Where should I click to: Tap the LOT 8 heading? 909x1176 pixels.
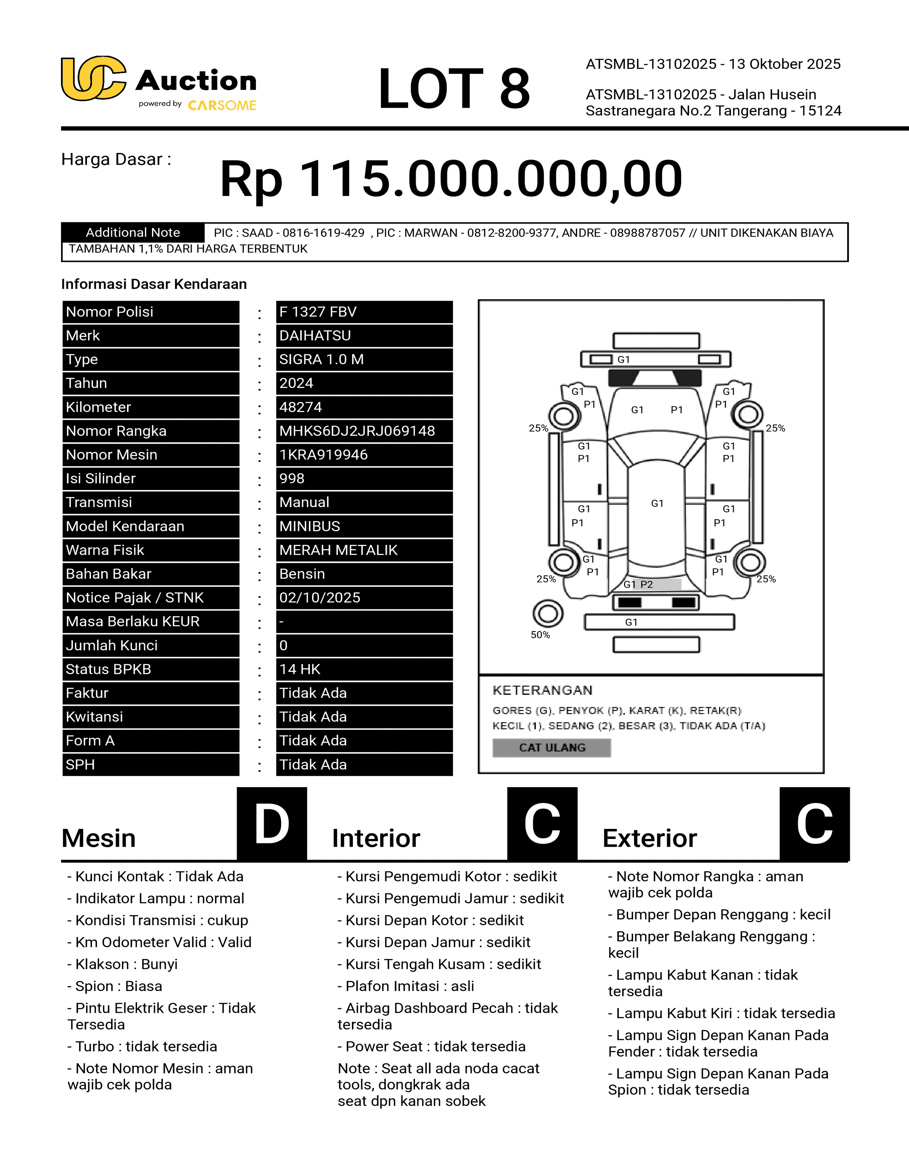pos(454,89)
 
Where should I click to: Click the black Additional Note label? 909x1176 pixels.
pos(133,233)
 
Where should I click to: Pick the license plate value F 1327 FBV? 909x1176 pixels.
pos(318,312)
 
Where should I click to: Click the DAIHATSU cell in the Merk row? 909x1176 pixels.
pos(315,335)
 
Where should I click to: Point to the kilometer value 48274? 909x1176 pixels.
pos(301,407)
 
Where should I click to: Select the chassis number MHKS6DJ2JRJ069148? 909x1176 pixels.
pos(356,431)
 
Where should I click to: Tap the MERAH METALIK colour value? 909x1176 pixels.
pos(338,550)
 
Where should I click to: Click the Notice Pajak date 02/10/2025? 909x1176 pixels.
pos(319,598)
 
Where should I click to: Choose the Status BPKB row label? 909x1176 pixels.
pos(108,669)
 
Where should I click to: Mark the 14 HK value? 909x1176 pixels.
pos(299,669)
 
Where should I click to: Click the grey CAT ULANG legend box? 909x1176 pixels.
pos(551,747)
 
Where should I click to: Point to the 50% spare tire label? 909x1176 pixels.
pos(540,635)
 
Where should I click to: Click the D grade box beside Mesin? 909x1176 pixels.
pos(272,824)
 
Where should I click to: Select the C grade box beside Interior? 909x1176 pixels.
pos(542,824)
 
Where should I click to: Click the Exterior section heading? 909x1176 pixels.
pos(649,839)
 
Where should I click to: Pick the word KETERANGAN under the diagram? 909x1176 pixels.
pos(542,690)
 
